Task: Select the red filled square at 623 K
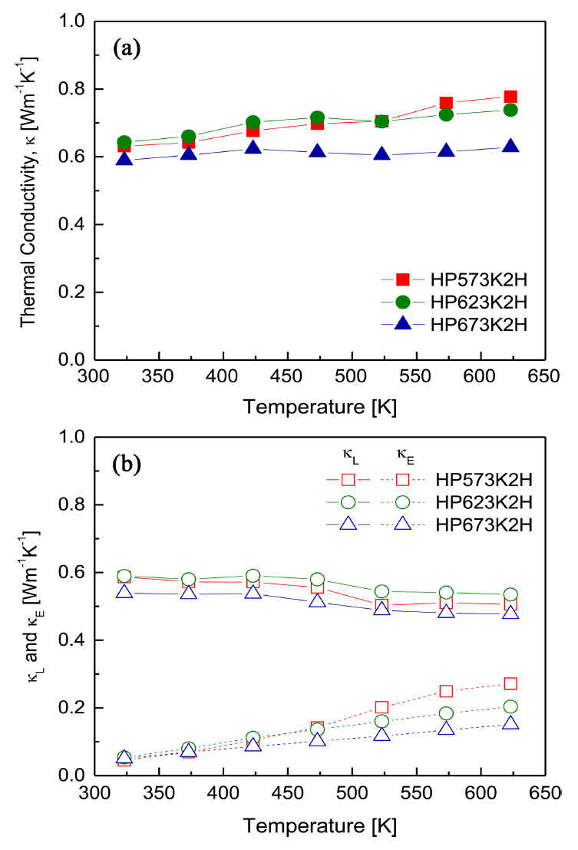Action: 510,97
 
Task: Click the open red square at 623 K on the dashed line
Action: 510,683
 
